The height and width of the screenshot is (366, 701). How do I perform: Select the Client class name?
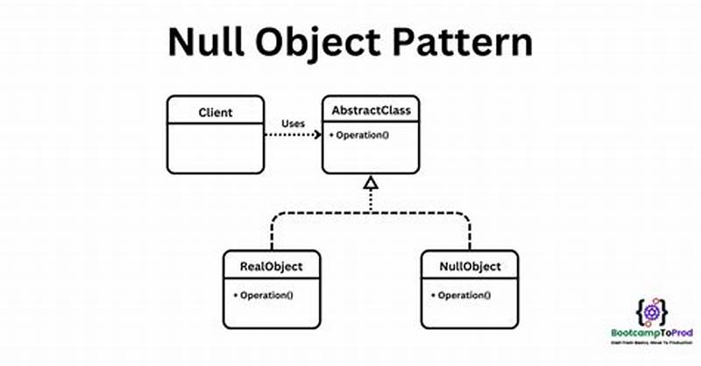(x=215, y=112)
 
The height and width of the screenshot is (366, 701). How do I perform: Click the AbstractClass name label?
(x=371, y=111)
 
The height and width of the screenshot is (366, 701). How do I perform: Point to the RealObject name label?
(x=272, y=266)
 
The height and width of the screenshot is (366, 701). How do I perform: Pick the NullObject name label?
(x=469, y=266)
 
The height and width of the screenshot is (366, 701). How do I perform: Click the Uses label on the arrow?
(x=293, y=123)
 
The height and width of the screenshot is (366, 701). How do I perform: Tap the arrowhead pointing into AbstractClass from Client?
(x=316, y=137)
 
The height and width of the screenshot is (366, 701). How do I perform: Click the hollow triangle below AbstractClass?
(x=371, y=182)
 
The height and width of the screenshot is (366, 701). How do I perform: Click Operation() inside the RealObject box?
(x=264, y=295)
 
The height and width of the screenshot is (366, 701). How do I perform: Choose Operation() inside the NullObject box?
(x=461, y=295)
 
